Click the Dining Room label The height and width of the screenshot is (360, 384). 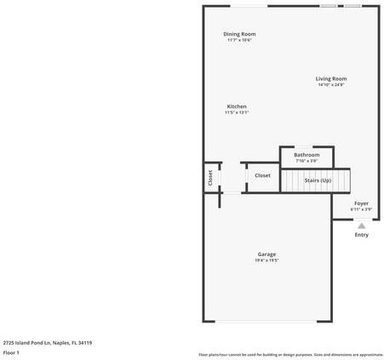tap(239, 34)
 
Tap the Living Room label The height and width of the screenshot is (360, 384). tap(332, 78)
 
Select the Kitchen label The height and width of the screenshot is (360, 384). tap(236, 106)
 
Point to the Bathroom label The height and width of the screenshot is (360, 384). tap(307, 155)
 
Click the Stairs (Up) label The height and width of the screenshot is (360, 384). tap(318, 180)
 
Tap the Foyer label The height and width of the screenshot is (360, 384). tap(361, 203)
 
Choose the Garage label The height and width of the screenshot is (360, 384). tap(267, 254)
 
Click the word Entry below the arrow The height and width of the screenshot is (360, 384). tap(361, 235)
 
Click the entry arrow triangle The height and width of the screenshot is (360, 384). tap(361, 226)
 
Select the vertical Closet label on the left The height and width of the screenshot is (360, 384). tap(210, 177)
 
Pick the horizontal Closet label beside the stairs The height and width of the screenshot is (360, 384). tap(263, 175)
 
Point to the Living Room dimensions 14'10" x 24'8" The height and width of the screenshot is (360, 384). tap(332, 84)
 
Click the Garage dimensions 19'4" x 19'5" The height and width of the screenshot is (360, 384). tap(267, 260)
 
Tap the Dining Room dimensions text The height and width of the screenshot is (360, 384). tap(239, 40)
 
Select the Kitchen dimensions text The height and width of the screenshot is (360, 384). tap(236, 112)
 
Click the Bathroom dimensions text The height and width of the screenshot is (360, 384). tap(307, 161)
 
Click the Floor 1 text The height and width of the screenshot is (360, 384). tap(11, 352)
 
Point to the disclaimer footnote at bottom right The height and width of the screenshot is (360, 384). tap(290, 354)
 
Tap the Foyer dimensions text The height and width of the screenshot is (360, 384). tap(361, 209)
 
